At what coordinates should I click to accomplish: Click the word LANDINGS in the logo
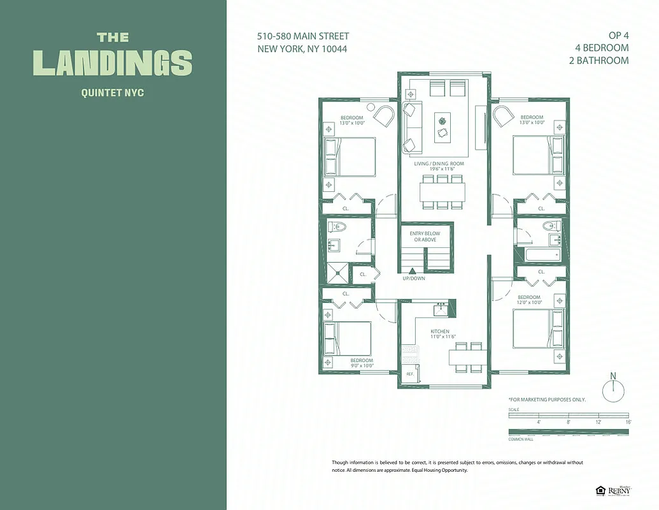[112, 63]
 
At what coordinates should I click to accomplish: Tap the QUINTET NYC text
[112, 92]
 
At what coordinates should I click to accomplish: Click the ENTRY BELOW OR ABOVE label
[424, 237]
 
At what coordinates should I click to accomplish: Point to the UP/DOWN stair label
[414, 278]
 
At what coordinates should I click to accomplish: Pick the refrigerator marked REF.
[408, 375]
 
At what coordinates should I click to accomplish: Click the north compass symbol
[613, 390]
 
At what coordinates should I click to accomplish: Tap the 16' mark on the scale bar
[628, 422]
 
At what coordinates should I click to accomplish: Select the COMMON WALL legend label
[520, 439]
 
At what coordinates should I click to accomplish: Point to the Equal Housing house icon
[600, 490]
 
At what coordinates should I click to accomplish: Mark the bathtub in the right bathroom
[542, 255]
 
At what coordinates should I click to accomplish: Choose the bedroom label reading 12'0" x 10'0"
[529, 300]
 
